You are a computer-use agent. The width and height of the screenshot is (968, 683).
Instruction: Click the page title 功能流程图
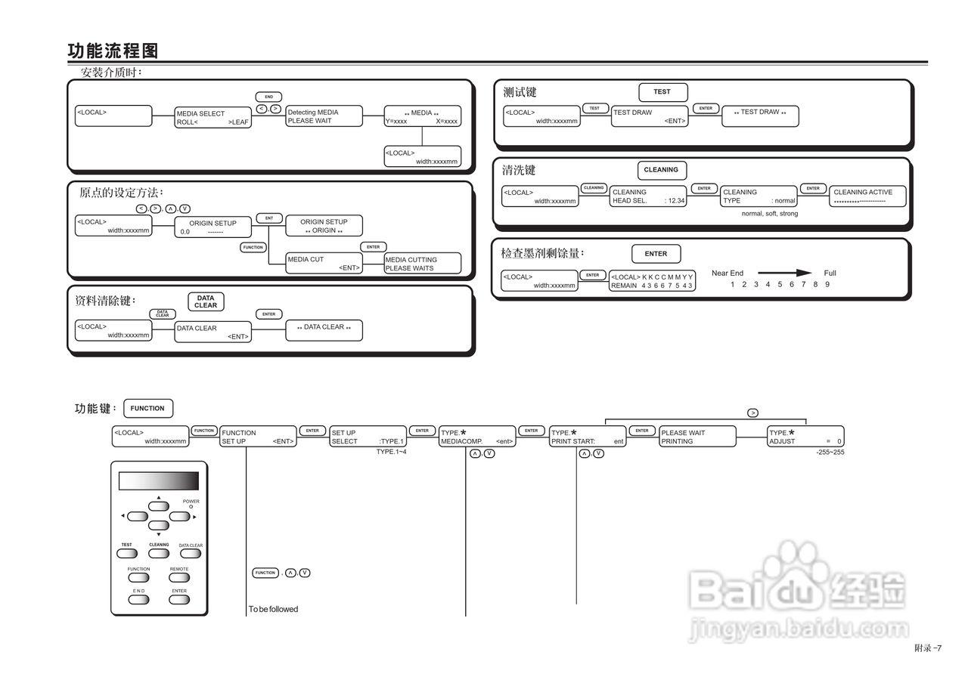[x=113, y=51]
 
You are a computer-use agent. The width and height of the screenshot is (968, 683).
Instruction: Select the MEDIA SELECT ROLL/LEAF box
[x=213, y=117]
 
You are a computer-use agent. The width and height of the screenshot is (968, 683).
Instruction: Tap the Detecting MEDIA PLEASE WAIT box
[x=324, y=116]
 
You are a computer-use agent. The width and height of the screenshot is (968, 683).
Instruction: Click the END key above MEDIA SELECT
[x=268, y=97]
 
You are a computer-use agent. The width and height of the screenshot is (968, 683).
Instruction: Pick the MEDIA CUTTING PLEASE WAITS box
[x=422, y=264]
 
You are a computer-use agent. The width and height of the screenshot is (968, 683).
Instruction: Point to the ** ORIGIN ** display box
[x=324, y=226]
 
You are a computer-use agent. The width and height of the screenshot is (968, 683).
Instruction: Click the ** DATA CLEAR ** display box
[x=324, y=330]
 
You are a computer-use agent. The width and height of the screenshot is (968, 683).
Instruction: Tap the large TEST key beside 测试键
[x=662, y=92]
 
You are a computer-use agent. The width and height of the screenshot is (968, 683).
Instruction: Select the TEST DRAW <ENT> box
[x=650, y=116]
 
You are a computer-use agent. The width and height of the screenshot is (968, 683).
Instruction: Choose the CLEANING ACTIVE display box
[x=868, y=196]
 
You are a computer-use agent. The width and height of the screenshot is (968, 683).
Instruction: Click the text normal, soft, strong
[x=769, y=214]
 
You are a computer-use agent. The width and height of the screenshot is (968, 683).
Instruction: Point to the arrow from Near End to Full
[x=784, y=274]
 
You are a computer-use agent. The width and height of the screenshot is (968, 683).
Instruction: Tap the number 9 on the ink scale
[x=827, y=285]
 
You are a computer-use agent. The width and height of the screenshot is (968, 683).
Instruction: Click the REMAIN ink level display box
[x=652, y=281]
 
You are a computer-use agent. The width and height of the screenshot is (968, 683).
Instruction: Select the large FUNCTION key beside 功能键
[x=147, y=409]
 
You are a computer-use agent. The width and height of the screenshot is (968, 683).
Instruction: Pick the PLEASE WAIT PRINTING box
[x=697, y=437]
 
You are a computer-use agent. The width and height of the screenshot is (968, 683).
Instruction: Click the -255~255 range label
[x=830, y=452]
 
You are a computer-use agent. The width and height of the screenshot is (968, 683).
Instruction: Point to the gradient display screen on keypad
[x=159, y=481]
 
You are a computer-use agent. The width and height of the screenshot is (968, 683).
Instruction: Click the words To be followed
[x=273, y=609]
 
